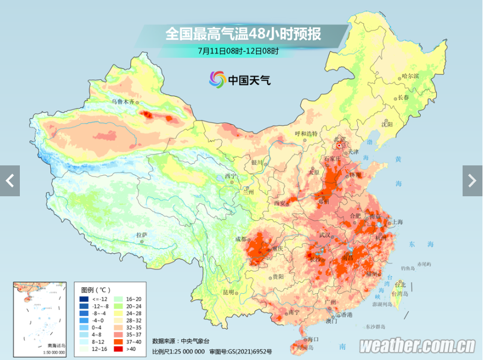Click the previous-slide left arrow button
pyautogui.click(x=9, y=180)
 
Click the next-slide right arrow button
pyautogui.click(x=473, y=180)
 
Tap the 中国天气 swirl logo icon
pyautogui.click(x=217, y=79)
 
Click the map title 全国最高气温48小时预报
pyautogui.click(x=243, y=34)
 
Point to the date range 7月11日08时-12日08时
pyautogui.click(x=238, y=52)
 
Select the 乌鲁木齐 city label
pyautogui.click(x=122, y=102)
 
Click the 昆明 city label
pyautogui.click(x=228, y=292)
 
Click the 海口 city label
pyautogui.click(x=313, y=339)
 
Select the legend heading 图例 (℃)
pyautogui.click(x=95, y=289)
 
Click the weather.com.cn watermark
pyautogui.click(x=417, y=346)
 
